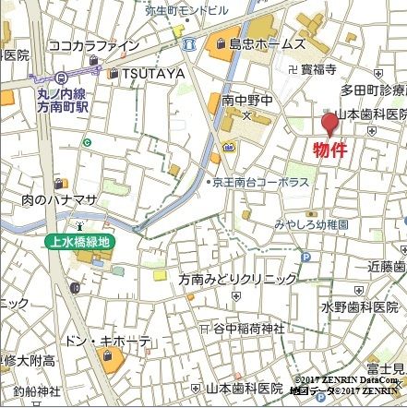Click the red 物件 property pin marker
click(329, 123)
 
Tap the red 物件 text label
click(329, 150)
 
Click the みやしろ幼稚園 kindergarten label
click(310, 224)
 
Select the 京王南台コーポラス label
click(261, 183)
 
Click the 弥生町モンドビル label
click(186, 9)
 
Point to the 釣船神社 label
click(30, 391)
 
